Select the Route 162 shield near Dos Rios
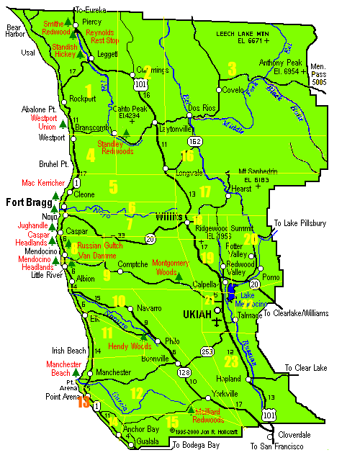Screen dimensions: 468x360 point(194,141)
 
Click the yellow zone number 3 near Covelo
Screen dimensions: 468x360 point(232,69)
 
